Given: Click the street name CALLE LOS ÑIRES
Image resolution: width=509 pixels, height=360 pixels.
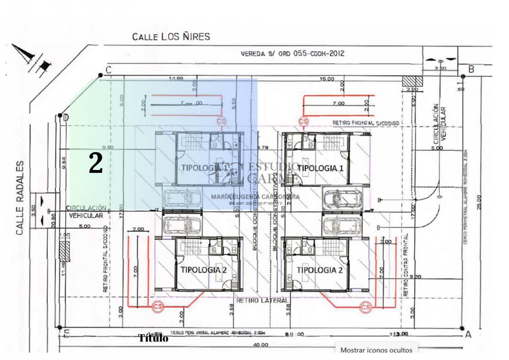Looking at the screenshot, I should pos(171,37).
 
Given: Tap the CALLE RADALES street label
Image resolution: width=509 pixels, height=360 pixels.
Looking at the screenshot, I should pos(20,198).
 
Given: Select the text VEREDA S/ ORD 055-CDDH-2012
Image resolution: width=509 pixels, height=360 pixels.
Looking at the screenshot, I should pos(292,53).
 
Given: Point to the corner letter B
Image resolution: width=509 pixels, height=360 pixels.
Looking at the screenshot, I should pos(472,69).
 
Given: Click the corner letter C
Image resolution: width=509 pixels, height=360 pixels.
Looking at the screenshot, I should pos(109,70).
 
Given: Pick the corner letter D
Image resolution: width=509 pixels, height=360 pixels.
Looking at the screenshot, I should pos(66,118).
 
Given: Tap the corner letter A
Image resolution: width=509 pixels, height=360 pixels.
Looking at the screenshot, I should pos(468,334).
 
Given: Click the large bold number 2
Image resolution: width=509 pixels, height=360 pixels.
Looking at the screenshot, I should pos(96,163).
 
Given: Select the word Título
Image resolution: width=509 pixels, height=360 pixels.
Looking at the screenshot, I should pos(153,338).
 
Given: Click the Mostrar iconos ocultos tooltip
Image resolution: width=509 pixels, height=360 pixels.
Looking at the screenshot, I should pos(376,350).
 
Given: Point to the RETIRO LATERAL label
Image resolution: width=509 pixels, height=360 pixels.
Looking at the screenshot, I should pos(262,301).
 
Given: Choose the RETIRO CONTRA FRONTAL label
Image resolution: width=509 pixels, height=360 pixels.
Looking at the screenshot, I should pos(406,265).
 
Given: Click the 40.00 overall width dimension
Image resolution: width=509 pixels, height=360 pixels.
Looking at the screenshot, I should pos(261,345).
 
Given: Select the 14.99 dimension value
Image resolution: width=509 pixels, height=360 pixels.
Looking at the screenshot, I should pos(176,78).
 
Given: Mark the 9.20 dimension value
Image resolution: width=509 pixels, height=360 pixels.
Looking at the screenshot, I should pos(415,277).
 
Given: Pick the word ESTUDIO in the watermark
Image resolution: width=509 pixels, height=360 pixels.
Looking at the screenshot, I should pos(273,166).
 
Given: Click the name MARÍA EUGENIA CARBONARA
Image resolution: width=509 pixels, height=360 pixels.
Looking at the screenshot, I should pos(255,197).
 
